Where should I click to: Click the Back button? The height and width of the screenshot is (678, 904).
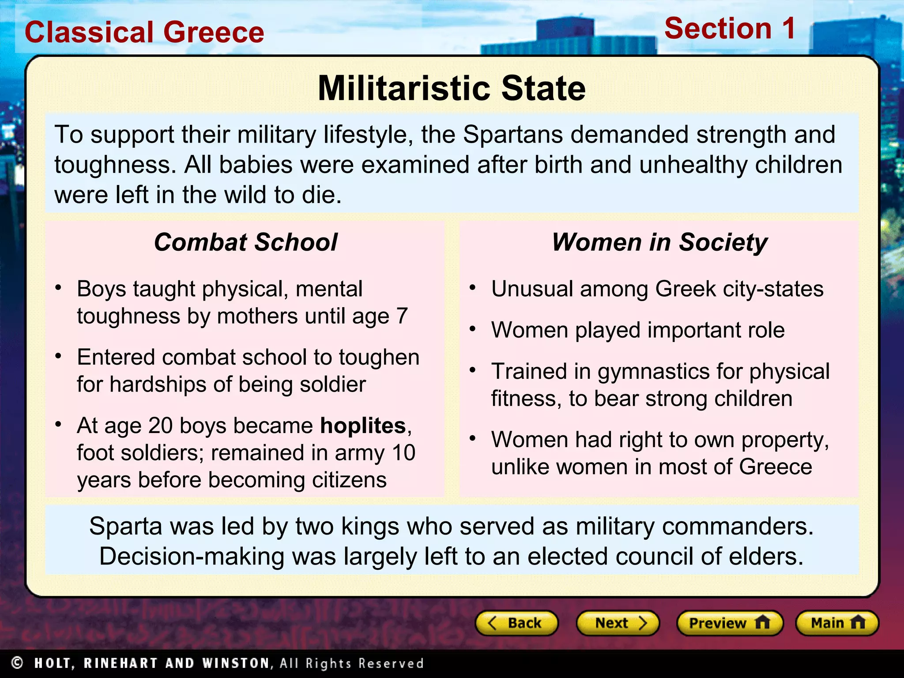pos(516,623)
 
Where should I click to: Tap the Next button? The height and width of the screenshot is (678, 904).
pos(618,623)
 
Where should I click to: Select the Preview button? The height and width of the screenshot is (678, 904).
pos(729,623)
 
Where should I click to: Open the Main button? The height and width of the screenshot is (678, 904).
pos(837,623)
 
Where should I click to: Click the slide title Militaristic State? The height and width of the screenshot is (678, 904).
pos(452,88)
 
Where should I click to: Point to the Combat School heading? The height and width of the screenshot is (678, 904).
pos(245,242)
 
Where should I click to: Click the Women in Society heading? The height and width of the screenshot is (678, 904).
pos(659,242)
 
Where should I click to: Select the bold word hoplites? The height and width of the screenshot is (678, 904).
pos(363,426)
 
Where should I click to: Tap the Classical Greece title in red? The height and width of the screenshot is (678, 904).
pos(144,32)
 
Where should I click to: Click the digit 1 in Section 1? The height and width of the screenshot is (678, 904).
pos(788,28)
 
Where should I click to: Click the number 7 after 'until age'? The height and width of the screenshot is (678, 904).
pos(402,316)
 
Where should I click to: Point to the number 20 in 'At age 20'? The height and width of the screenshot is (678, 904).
pos(160,426)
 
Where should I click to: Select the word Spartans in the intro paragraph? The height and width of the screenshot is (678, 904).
pos(513,135)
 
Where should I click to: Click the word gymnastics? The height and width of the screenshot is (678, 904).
pos(653,372)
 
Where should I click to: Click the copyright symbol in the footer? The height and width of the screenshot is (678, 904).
pos(17,663)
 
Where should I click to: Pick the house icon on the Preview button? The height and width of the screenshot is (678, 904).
pos(762,622)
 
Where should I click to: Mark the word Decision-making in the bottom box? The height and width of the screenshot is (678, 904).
pos(192,556)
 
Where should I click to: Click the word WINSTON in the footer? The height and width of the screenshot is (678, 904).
pos(235,663)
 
